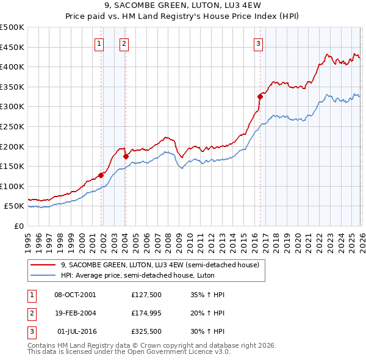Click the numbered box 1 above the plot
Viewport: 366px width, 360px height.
[x=99, y=43]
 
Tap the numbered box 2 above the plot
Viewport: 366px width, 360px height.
[x=124, y=43]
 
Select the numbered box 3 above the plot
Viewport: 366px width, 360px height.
[x=259, y=43]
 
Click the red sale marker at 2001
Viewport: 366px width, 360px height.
[x=101, y=175]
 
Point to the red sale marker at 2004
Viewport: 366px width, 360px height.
[x=126, y=156]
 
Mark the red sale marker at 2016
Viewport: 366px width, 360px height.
[x=260, y=96]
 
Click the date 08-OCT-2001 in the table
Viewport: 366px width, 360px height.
[x=75, y=294]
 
